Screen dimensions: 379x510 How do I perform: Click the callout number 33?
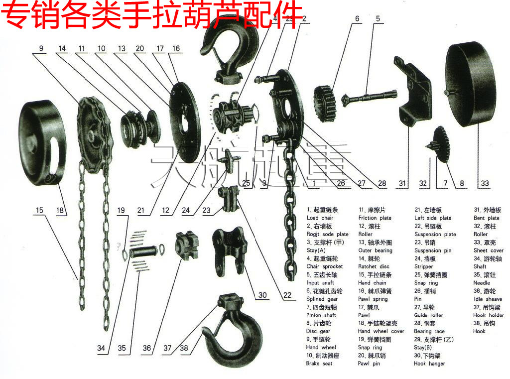485,183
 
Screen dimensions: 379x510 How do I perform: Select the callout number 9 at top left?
41,48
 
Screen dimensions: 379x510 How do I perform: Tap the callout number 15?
39,210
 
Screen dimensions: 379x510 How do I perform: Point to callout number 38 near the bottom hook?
184,348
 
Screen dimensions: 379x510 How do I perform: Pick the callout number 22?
287,295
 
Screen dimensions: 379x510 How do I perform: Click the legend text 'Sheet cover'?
488,251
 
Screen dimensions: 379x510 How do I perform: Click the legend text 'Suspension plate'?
435,234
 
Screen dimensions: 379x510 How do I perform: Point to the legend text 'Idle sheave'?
488,299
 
